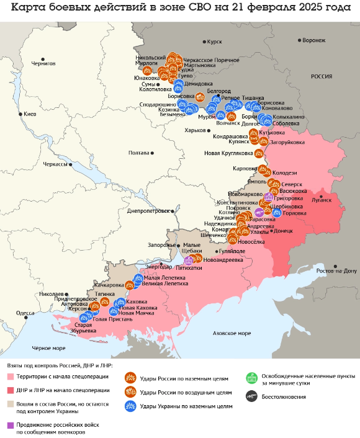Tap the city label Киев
(x=30, y=114)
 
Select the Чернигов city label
(x=43, y=63)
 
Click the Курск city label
(x=214, y=42)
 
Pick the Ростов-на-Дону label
(x=336, y=271)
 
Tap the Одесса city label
(x=25, y=313)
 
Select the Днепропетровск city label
(x=148, y=211)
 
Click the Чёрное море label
(x=48, y=348)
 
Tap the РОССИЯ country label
(x=321, y=76)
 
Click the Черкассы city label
(x=55, y=164)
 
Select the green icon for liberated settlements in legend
(x=251, y=377)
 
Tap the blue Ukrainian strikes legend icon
(x=130, y=406)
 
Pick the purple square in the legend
(x=10, y=425)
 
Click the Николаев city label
(x=51, y=293)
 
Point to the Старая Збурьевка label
(x=83, y=328)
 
